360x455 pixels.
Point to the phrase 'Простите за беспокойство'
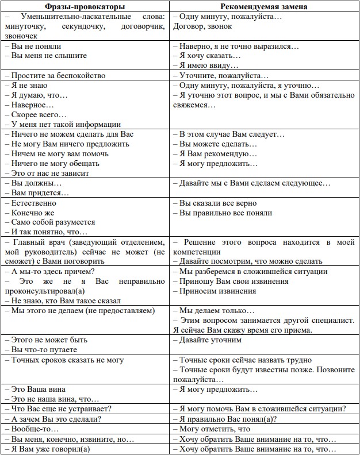(57, 75)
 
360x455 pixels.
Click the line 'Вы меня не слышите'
(49, 56)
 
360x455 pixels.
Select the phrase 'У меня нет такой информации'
(66, 124)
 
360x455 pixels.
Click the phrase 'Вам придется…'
(36, 192)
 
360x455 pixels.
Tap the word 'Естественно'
(34, 203)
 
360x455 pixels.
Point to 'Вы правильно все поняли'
(225, 213)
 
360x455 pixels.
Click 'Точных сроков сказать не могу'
(67, 360)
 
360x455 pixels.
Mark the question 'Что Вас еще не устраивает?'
(61, 408)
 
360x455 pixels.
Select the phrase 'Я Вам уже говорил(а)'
(51, 449)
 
